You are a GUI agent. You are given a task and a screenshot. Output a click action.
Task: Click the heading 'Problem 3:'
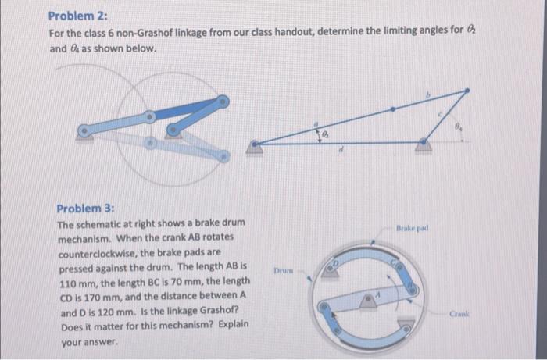coord(85,209)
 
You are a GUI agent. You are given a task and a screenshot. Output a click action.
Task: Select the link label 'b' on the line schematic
coord(426,96)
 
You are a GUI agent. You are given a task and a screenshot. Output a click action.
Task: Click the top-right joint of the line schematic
coord(467,91)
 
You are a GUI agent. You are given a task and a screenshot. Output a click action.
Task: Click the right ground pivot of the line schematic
coord(423,142)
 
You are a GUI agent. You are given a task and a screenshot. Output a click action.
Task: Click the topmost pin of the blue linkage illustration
coord(223,101)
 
